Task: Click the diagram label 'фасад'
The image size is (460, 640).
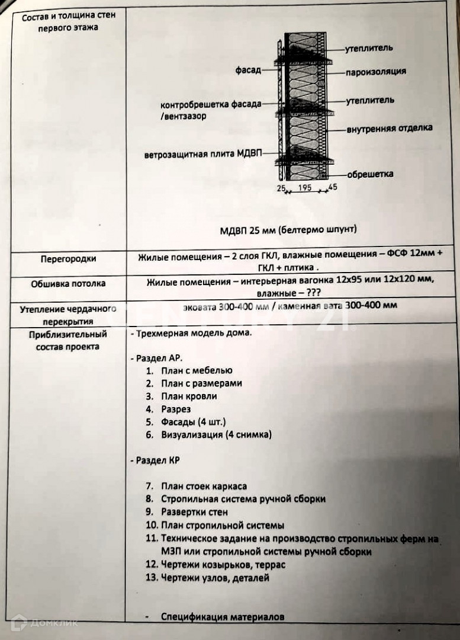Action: tap(248, 71)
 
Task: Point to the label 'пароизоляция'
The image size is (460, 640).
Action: tap(376, 72)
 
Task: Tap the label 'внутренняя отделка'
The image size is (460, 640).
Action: tap(389, 128)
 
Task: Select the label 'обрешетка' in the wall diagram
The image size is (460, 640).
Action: tap(370, 174)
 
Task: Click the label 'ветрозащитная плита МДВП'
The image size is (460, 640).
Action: tap(202, 155)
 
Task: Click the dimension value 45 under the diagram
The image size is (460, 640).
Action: tap(332, 188)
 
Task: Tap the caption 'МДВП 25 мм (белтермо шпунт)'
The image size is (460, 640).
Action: tap(287, 229)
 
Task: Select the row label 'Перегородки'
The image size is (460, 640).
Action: tap(68, 259)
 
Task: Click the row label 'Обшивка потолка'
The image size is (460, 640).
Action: tap(68, 284)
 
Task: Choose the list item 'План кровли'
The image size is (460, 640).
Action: tap(189, 396)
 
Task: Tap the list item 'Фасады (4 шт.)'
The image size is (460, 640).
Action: tap(193, 422)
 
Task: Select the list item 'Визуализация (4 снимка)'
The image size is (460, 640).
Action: tap(216, 435)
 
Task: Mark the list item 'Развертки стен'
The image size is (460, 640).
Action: tap(194, 512)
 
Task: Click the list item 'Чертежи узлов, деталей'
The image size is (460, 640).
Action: tap(215, 577)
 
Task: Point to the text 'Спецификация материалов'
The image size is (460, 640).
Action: tap(223, 617)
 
